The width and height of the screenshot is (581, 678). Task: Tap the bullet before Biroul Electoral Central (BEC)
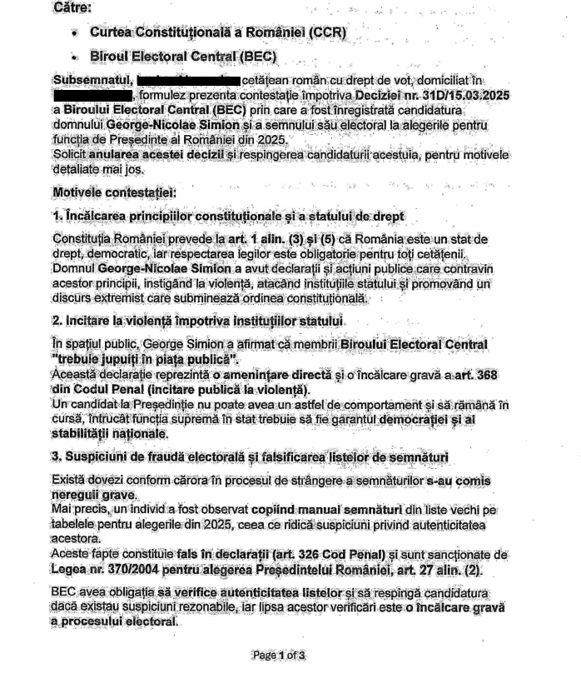[75, 57]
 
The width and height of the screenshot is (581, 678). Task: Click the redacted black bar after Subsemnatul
[189, 80]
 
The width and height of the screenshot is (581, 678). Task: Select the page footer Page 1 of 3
[278, 656]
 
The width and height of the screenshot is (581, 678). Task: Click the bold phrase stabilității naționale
[110, 433]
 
